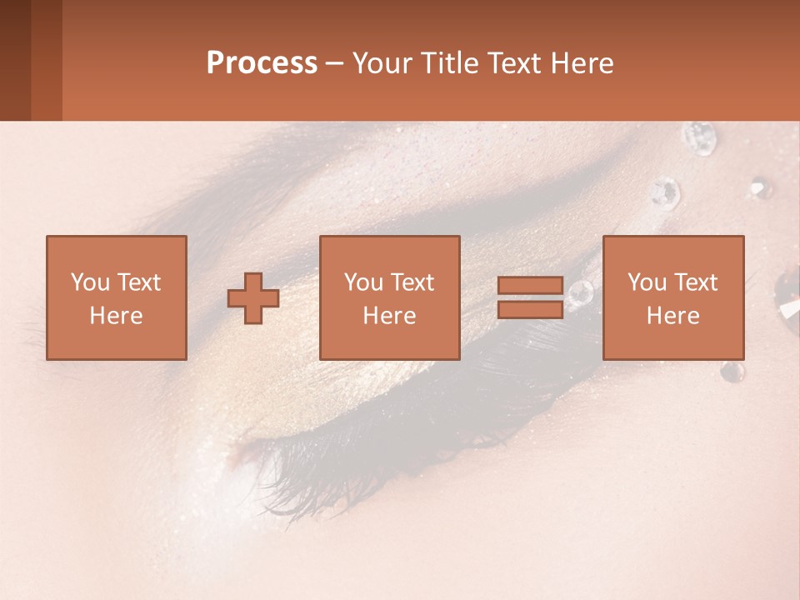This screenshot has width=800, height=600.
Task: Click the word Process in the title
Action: (x=262, y=63)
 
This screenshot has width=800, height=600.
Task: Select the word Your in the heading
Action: (x=382, y=63)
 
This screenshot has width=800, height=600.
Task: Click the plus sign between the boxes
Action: (x=253, y=298)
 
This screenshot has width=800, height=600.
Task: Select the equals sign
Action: (x=530, y=297)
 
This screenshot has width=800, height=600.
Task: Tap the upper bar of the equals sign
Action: (x=530, y=286)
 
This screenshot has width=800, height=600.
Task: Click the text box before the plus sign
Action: (x=117, y=297)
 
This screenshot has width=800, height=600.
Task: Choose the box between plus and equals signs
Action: (x=389, y=297)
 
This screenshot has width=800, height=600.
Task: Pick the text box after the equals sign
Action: (x=673, y=297)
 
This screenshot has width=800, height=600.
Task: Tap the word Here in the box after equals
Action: (x=673, y=316)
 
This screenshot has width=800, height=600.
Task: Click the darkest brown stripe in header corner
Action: (x=15, y=60)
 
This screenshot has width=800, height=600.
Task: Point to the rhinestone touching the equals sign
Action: (x=580, y=292)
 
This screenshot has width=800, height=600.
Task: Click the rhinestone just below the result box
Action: (x=732, y=372)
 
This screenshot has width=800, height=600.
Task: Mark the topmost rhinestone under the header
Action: (x=698, y=137)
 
